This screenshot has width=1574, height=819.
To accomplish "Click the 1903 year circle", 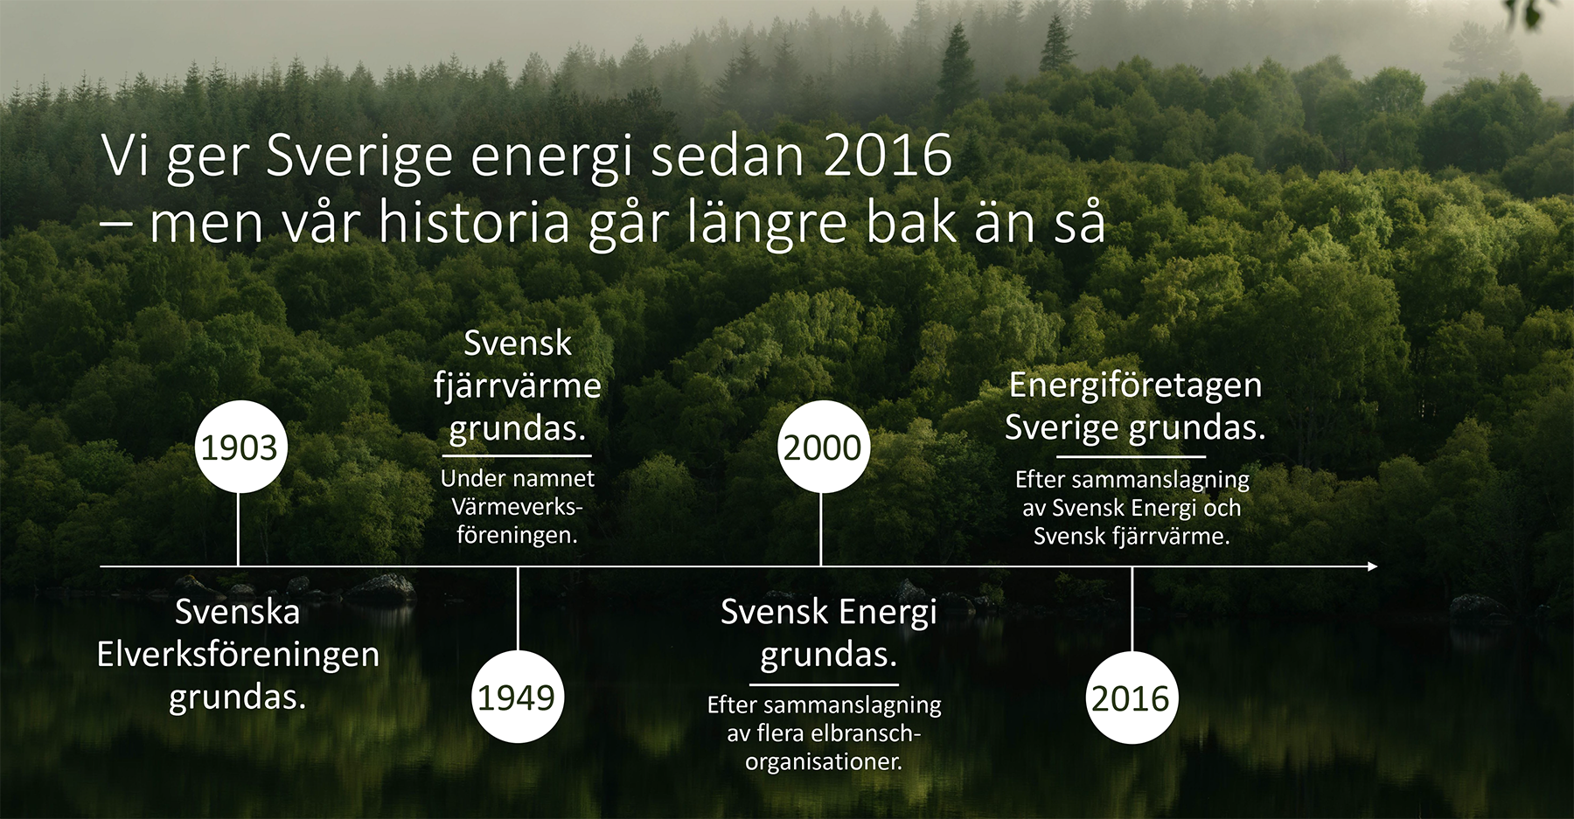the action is (x=240, y=447).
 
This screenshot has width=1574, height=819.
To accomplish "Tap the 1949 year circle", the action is (x=518, y=697).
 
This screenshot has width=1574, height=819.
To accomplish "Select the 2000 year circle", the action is (x=822, y=447).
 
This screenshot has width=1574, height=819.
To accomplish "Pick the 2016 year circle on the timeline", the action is (x=1132, y=698).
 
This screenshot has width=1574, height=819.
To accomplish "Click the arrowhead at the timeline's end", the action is (x=1372, y=566).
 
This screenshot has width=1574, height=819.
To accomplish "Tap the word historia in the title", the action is (x=475, y=221).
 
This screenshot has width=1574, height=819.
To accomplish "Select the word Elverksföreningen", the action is (x=238, y=655).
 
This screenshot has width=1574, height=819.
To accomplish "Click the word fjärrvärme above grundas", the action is (x=518, y=386).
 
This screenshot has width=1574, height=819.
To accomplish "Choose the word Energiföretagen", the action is (x=1135, y=385).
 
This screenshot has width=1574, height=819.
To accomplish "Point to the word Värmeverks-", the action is (x=517, y=507).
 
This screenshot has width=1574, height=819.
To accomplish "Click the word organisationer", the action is (x=824, y=761).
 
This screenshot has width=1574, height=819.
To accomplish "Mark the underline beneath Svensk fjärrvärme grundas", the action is (x=518, y=455).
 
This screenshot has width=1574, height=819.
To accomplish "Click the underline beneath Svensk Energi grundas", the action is (x=824, y=684).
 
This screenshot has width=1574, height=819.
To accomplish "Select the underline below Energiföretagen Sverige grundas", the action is (x=1132, y=456).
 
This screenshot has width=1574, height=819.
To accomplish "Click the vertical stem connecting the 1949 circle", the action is (x=518, y=609).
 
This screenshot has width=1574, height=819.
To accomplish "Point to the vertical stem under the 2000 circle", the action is (x=821, y=529).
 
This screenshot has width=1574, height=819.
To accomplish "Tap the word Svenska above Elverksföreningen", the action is (x=238, y=612).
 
